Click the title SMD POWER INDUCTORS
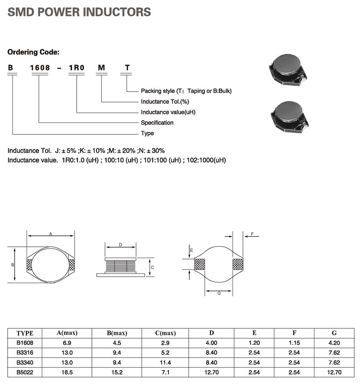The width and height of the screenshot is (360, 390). tap(79, 12)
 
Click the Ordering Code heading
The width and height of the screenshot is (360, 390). tap(33, 52)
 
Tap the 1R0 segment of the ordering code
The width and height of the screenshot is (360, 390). tap(76, 68)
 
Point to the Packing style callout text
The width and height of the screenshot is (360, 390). tap(186, 91)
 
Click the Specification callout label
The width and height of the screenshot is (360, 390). tap(157, 123)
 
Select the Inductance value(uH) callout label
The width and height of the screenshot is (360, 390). tap(168, 112)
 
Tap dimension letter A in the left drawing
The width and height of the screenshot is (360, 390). tap(51, 233)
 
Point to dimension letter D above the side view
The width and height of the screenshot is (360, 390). tap(121, 245)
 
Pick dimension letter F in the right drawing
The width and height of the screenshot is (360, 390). tap(252, 234)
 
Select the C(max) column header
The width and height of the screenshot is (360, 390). tap(165, 333)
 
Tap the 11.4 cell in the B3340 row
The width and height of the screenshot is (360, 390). tap(165, 362)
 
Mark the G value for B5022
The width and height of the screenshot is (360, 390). tap(334, 372)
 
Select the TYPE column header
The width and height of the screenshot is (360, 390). tap(25, 333)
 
